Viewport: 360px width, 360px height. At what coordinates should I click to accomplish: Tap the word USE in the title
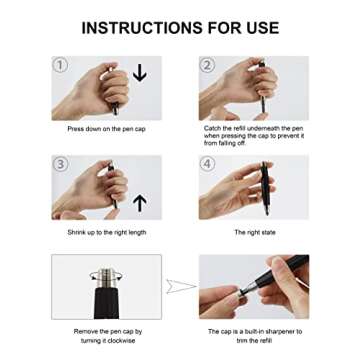click(x=256, y=26)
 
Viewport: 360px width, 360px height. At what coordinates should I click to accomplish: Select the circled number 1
click(x=60, y=66)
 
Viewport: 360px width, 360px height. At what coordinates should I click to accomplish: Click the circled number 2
click(x=207, y=66)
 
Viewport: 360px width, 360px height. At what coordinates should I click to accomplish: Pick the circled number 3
click(x=60, y=164)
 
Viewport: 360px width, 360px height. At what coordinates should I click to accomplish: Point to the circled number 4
click(x=207, y=164)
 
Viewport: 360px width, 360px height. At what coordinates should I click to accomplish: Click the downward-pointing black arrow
click(x=140, y=73)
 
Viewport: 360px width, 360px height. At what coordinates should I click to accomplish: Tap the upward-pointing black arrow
click(x=140, y=203)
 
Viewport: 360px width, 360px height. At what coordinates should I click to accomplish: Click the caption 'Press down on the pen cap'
click(x=107, y=129)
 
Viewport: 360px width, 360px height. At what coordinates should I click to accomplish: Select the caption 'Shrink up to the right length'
click(x=107, y=232)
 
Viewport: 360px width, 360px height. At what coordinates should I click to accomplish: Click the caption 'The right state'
click(x=253, y=232)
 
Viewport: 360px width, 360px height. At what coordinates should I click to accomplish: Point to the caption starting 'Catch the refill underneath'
click(x=253, y=134)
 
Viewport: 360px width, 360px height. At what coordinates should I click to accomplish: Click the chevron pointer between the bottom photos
click(x=181, y=287)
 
